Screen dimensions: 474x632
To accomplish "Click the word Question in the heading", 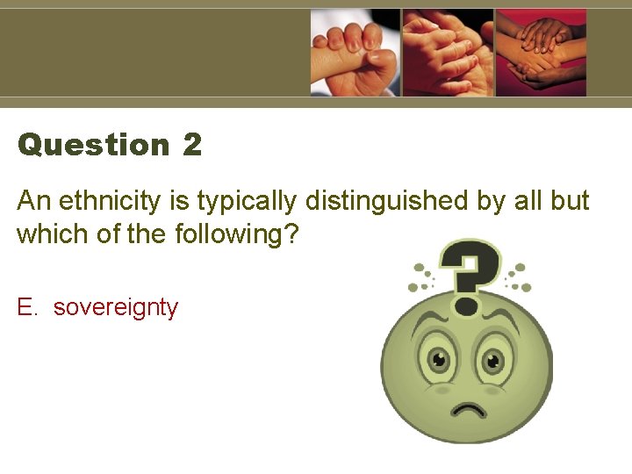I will point(93,145).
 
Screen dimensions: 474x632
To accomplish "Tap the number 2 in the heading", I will point(192,145).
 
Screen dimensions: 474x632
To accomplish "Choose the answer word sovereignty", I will point(115,308).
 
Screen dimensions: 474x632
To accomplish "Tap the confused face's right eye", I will point(492,360).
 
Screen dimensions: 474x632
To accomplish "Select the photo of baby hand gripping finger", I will point(355,53).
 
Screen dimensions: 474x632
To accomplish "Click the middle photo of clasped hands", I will point(447,53).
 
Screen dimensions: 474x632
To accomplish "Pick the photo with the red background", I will point(541,53).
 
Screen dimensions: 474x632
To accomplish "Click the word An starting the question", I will point(34,202).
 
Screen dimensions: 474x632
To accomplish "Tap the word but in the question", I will point(571,202).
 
